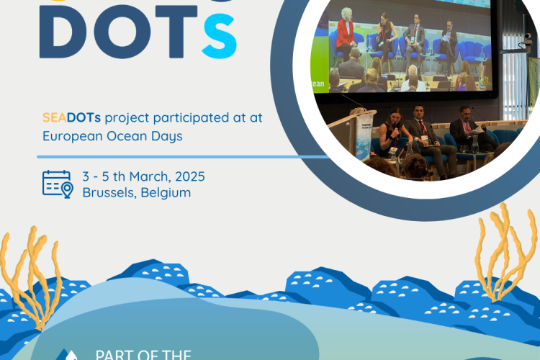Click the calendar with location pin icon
pos(58,184)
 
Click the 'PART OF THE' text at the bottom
pos(143,354)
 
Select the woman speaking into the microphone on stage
pos(395,130)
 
